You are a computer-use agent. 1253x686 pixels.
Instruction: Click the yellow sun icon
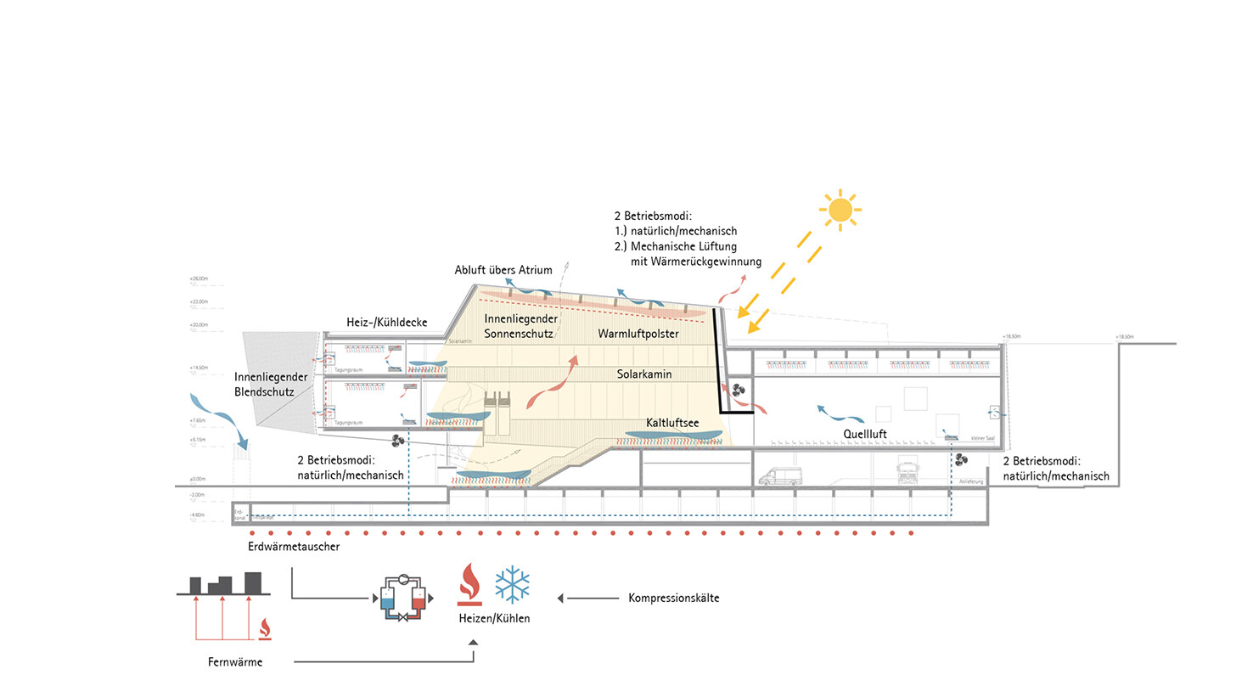point(840,209)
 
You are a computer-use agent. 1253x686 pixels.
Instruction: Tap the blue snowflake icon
point(512,584)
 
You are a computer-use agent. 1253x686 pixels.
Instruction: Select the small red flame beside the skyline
point(265,628)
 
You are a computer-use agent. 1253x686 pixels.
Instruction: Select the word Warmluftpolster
point(638,334)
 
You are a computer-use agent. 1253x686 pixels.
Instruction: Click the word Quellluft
point(865,433)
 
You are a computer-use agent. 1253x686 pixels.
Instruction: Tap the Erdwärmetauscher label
point(294,547)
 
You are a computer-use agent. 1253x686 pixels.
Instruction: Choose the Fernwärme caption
point(235,662)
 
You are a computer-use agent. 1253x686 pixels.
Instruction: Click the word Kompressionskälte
point(674,598)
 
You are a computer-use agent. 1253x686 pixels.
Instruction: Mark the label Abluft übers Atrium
point(504,270)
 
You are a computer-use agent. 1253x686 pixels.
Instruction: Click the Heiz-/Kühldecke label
point(386,323)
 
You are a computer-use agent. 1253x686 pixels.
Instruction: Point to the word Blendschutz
point(265,392)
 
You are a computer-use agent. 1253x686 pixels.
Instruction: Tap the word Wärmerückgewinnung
point(696,261)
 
